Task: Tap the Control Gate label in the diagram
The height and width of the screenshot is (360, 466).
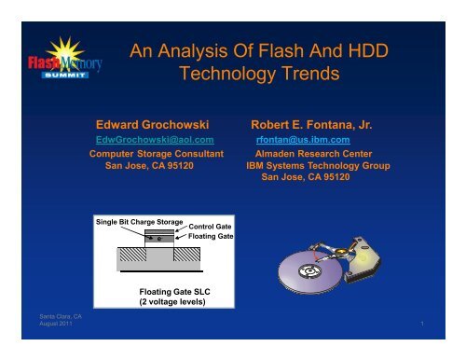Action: point(210,228)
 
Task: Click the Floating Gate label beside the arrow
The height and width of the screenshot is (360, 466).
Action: point(210,238)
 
